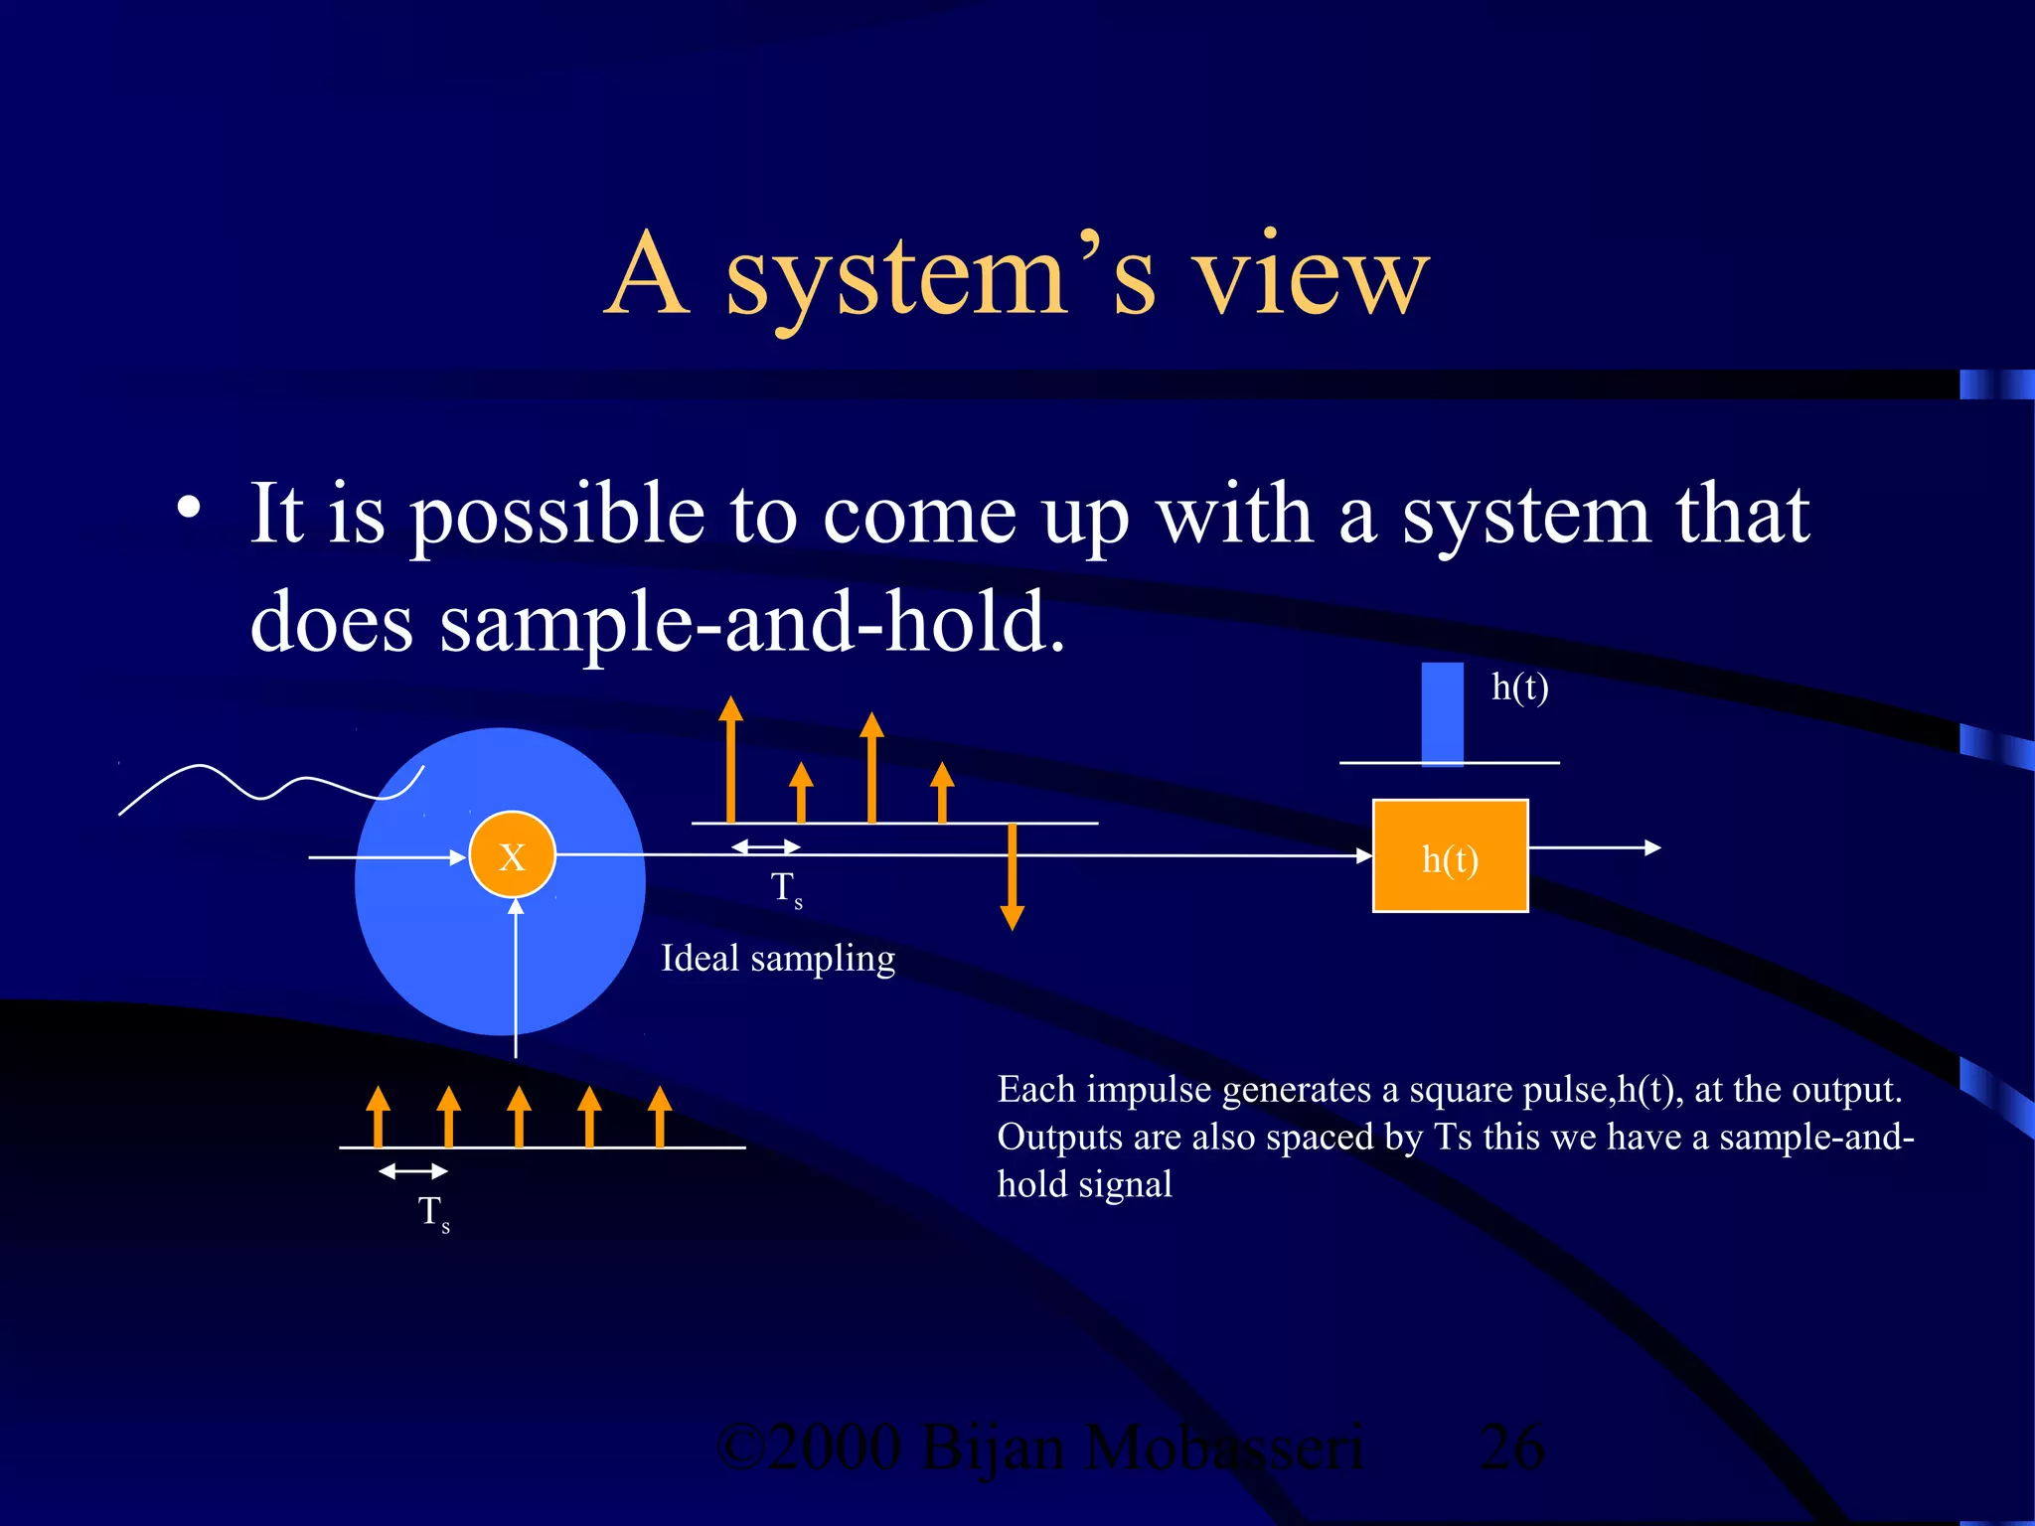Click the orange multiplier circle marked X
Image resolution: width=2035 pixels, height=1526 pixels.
[512, 855]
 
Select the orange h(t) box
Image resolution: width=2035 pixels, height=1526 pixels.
[1450, 856]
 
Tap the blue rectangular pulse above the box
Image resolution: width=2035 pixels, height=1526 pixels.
[1442, 713]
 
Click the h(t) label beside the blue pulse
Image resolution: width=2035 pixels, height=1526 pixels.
[1519, 687]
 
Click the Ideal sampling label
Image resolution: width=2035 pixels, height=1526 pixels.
[778, 959]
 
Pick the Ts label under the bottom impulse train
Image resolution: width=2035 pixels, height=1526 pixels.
[433, 1213]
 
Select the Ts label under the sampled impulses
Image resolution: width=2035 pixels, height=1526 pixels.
[786, 888]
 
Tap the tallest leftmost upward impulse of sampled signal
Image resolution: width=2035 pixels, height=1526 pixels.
[730, 760]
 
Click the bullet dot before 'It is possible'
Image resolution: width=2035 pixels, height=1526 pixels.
[189, 509]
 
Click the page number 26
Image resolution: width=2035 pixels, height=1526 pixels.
[1510, 1447]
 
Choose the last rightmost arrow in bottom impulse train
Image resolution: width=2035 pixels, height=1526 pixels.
[660, 1117]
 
